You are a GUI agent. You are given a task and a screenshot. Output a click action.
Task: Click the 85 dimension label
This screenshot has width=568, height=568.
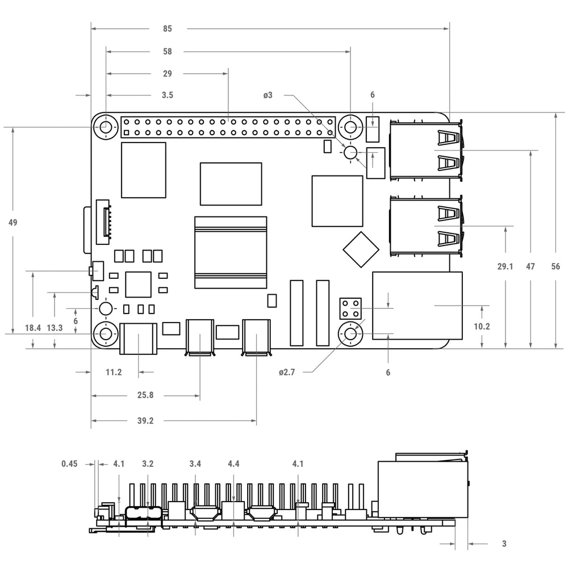coord(168,28)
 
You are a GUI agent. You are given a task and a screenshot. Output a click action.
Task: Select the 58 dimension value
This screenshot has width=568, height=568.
coord(168,52)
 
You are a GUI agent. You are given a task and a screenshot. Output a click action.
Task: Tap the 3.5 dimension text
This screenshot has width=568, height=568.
coord(168,95)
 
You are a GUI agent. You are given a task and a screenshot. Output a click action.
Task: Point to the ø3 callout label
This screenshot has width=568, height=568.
coord(268,95)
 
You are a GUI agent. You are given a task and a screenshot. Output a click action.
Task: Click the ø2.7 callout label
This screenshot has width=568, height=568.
coord(287,372)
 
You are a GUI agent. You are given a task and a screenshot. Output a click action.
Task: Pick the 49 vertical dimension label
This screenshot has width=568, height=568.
coord(12,223)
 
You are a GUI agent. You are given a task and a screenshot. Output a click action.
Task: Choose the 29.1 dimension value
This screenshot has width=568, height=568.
coord(506,266)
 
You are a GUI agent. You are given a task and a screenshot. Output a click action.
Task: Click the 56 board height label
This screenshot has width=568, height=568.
coord(556,266)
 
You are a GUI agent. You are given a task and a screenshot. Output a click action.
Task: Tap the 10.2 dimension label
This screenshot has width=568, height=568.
coord(482,327)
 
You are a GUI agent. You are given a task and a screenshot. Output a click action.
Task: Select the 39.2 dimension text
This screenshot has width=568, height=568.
coord(145,420)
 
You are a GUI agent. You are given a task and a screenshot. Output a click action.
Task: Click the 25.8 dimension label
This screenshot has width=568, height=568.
coord(145,395)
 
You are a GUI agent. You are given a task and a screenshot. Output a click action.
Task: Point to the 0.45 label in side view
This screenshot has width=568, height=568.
coord(69,463)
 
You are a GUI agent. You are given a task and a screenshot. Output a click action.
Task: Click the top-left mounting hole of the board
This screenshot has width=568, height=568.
coord(106,127)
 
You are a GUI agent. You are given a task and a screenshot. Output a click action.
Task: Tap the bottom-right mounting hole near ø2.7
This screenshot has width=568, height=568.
coord(350,333)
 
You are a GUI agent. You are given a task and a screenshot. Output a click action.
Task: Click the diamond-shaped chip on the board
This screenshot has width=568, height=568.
coord(361,249)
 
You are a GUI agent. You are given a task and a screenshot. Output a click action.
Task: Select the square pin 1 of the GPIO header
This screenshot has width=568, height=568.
coord(127,133)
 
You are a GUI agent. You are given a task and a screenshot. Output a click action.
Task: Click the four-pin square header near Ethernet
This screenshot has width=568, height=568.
coord(350,308)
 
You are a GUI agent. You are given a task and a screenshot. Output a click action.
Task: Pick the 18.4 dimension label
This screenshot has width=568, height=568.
coord(32,328)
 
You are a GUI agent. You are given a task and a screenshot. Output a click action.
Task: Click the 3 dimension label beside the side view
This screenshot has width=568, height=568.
coord(504,544)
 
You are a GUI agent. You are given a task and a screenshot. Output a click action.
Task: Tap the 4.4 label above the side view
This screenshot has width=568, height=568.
coord(233,463)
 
